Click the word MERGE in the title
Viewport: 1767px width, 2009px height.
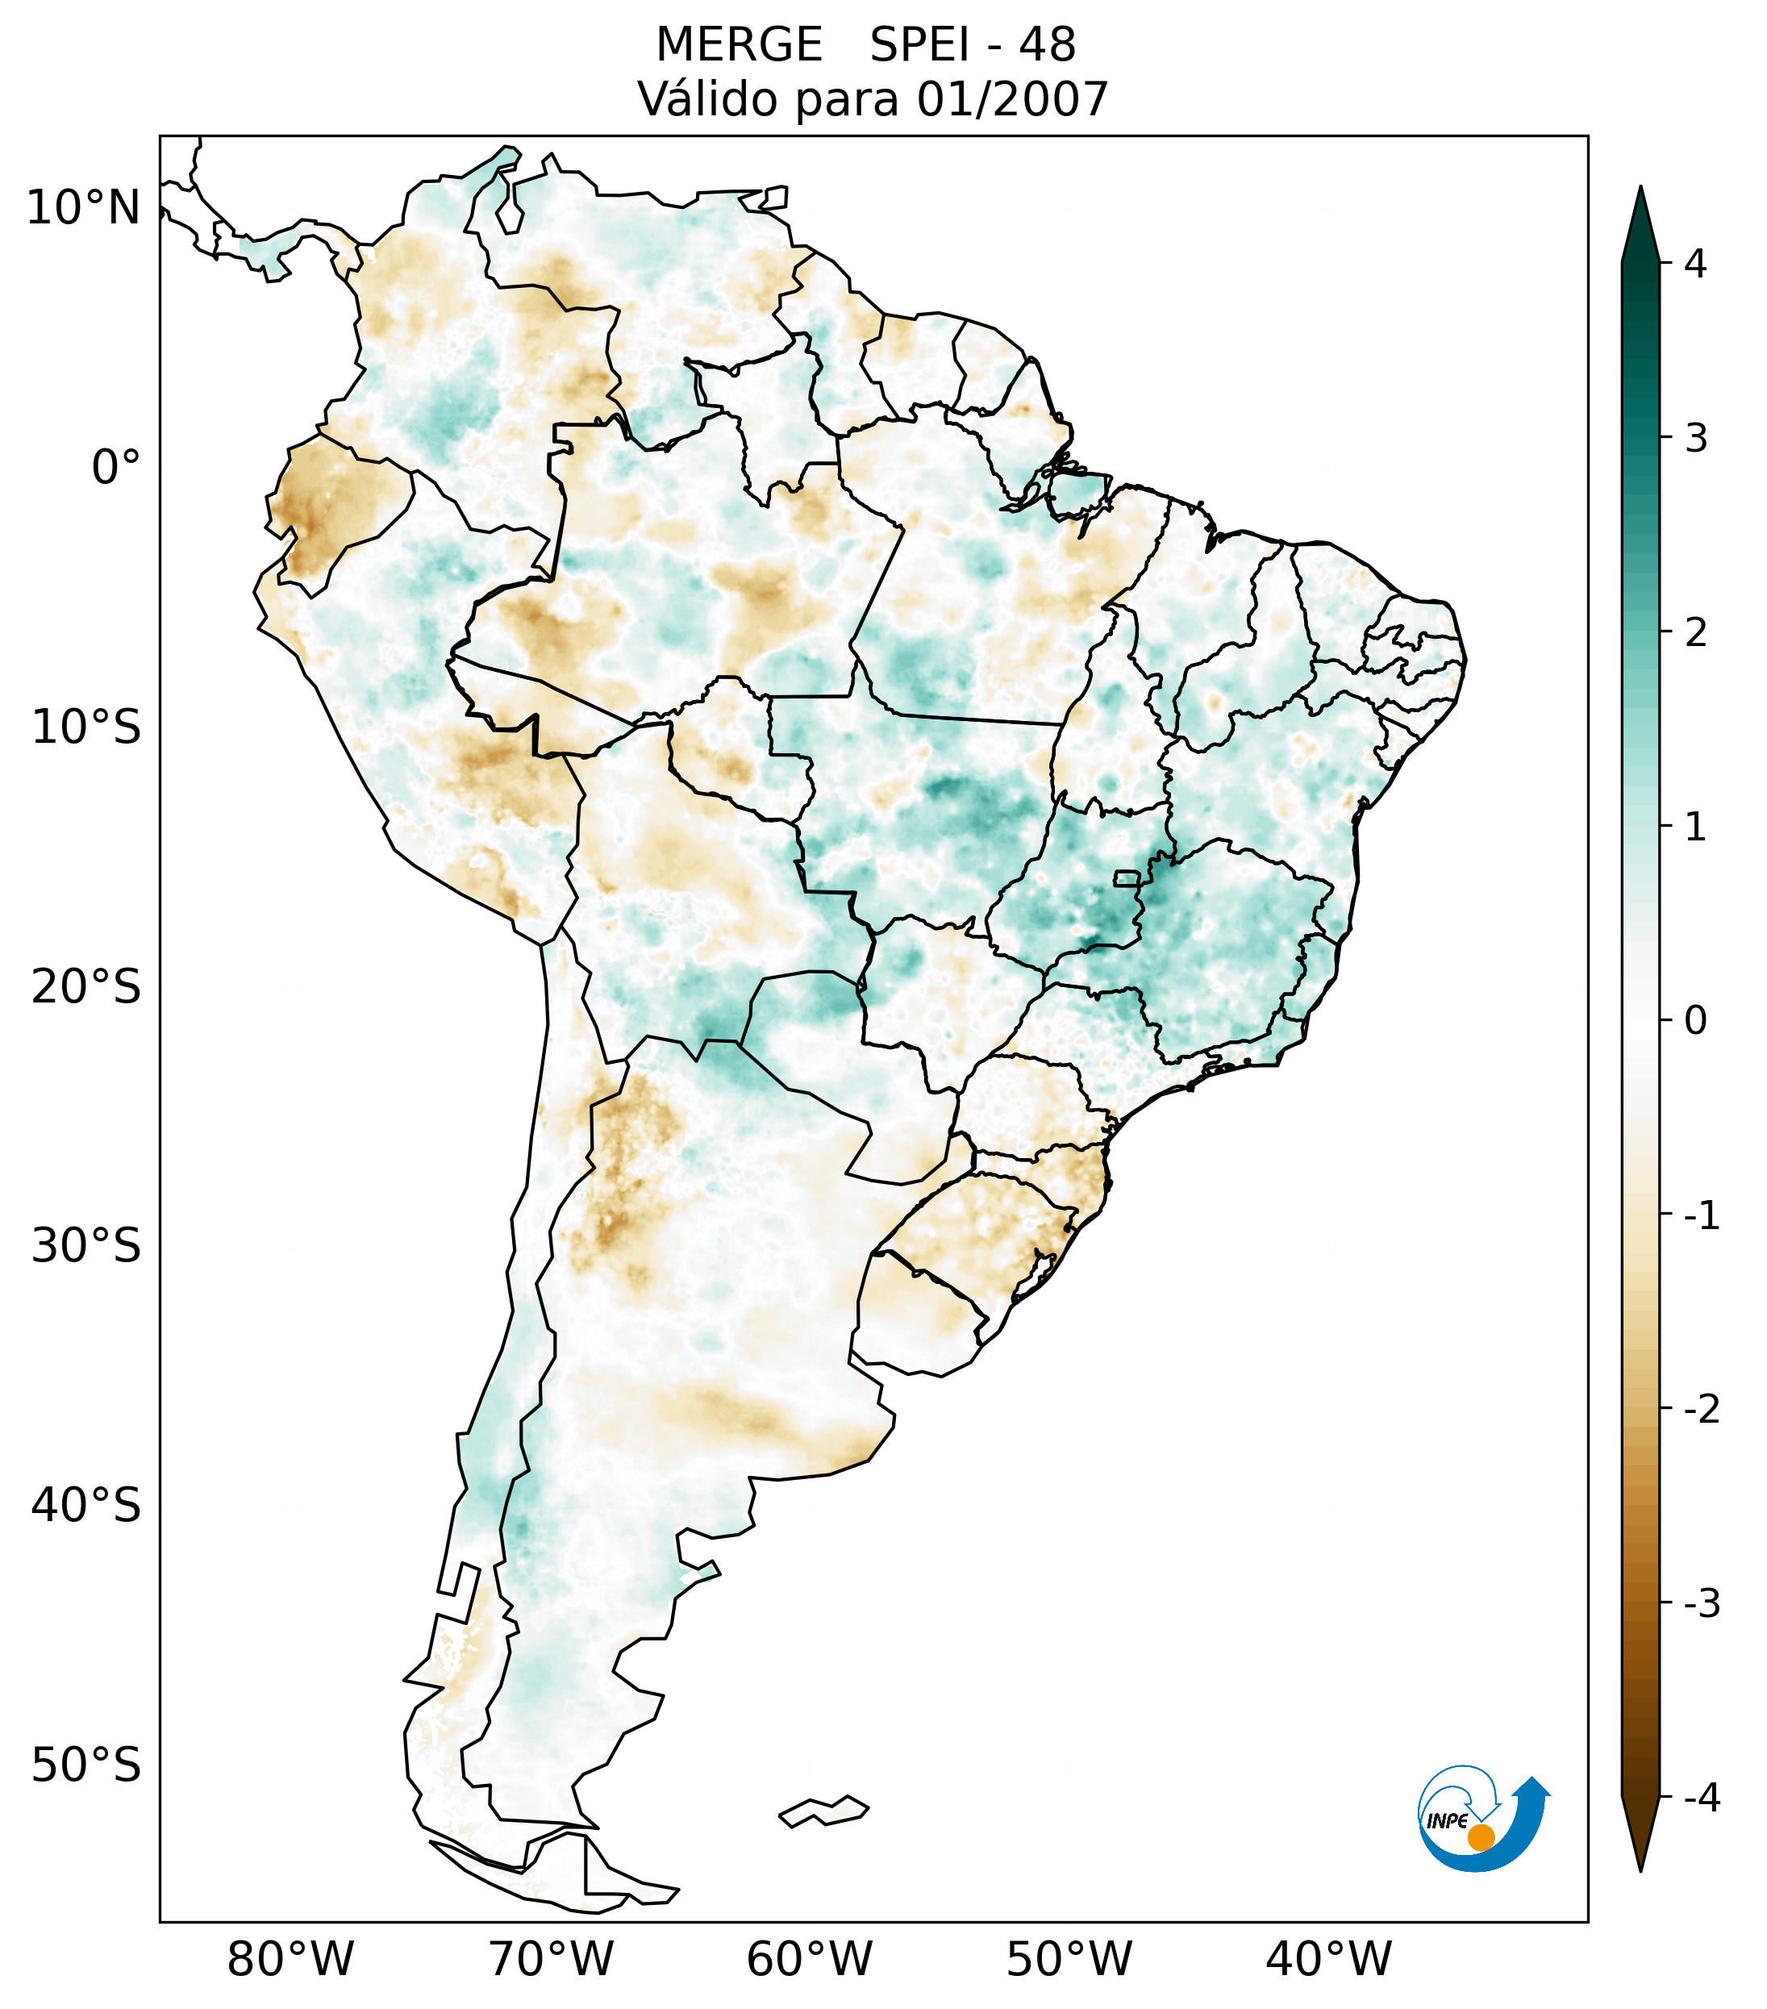[x=738, y=45]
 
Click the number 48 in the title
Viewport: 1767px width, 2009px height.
[x=1047, y=45]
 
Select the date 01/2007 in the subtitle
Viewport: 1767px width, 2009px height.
[x=1012, y=99]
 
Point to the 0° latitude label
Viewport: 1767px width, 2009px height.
[x=116, y=468]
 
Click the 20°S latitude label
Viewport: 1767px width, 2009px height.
[x=86, y=987]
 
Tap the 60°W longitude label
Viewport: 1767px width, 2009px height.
[x=809, y=1959]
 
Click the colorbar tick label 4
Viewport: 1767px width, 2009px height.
[x=1695, y=264]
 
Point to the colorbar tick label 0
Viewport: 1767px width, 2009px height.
[x=1695, y=1021]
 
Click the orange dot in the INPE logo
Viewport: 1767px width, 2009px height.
[x=1481, y=1837]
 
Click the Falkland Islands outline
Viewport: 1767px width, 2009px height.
[x=823, y=1811]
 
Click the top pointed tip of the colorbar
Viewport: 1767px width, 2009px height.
[x=1640, y=189]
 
